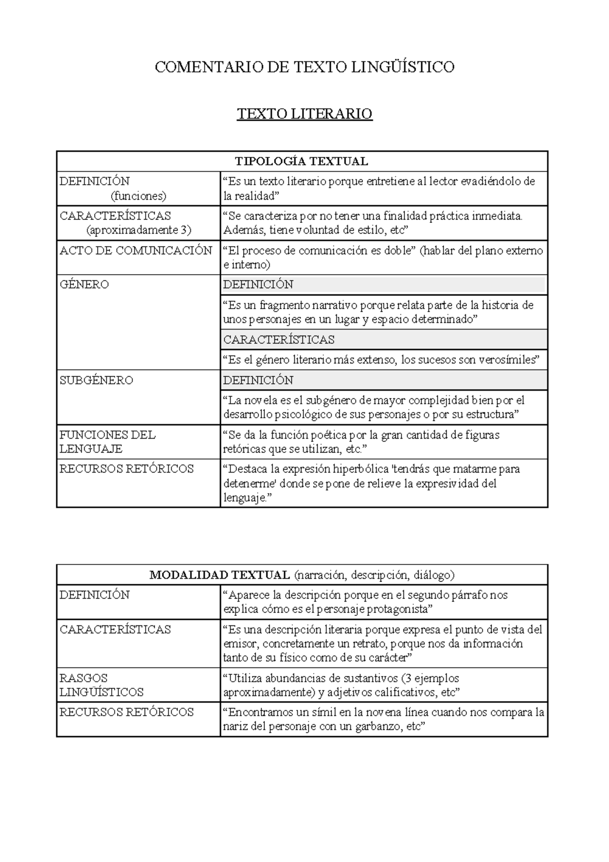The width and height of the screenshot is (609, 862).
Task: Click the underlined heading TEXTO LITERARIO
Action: pyautogui.click(x=304, y=114)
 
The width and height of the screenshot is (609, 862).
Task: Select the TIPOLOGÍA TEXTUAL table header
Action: pyautogui.click(x=301, y=161)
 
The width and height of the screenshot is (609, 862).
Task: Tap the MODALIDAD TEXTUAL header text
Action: pyautogui.click(x=220, y=575)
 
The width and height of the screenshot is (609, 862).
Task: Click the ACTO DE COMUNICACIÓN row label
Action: pyautogui.click(x=136, y=251)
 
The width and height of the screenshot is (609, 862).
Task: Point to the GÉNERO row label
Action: pyautogui.click(x=84, y=284)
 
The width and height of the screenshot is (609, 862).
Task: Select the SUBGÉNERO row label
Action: pyautogui.click(x=96, y=380)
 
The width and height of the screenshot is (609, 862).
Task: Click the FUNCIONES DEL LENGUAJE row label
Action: pyautogui.click(x=107, y=442)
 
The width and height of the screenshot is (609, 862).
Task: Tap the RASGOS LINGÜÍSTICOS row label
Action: pyautogui.click(x=101, y=685)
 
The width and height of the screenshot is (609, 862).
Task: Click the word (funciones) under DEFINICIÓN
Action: pyautogui.click(x=139, y=196)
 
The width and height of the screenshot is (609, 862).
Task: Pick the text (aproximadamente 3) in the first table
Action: pyautogui.click(x=139, y=230)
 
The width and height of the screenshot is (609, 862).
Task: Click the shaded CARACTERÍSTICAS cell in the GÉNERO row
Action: pyautogui.click(x=279, y=339)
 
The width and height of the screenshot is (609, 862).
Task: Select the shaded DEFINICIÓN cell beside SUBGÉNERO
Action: pyautogui.click(x=258, y=380)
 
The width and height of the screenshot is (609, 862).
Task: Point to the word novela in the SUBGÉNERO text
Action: pyautogui.click(x=265, y=401)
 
